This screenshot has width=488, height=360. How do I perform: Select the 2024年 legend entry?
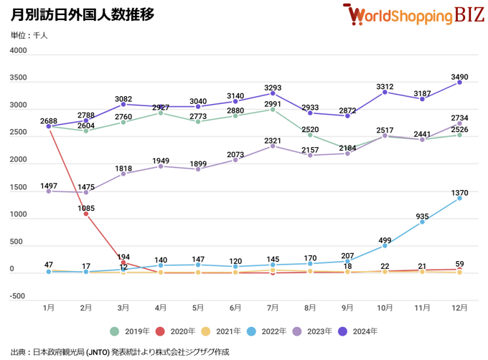click(x=358, y=331)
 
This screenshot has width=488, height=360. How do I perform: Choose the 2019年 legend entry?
click(x=131, y=331)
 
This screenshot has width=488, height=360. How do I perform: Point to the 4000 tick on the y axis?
click(x=19, y=51)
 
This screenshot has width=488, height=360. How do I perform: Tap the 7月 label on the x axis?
click(x=273, y=308)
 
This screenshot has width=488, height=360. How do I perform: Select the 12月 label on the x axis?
click(x=459, y=308)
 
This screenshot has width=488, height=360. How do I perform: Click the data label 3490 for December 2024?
click(x=459, y=72)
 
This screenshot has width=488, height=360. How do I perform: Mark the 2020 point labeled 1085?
click(x=86, y=214)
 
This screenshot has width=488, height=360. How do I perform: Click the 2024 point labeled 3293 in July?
click(x=273, y=93)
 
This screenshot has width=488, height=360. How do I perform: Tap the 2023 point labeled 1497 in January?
click(x=49, y=191)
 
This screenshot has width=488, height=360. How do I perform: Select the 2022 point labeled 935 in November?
click(x=422, y=222)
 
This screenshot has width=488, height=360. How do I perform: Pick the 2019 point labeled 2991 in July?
click(x=273, y=110)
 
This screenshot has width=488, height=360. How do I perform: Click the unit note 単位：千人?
click(x=29, y=35)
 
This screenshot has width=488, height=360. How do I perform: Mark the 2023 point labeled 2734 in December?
click(x=459, y=123)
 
